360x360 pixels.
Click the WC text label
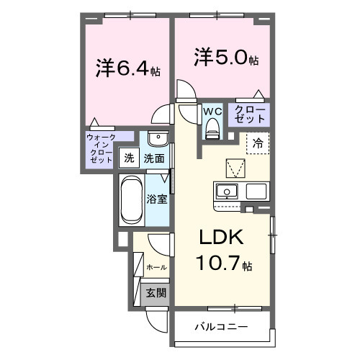[x=212, y=112]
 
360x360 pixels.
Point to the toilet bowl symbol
[x=212, y=128]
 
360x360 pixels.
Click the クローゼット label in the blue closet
[x=250, y=113]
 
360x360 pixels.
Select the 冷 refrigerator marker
[x=257, y=143]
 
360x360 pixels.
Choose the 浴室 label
[x=158, y=199]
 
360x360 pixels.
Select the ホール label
[x=156, y=267]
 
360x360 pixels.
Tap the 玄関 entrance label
[x=156, y=293]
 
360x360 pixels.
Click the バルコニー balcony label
[x=221, y=328]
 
